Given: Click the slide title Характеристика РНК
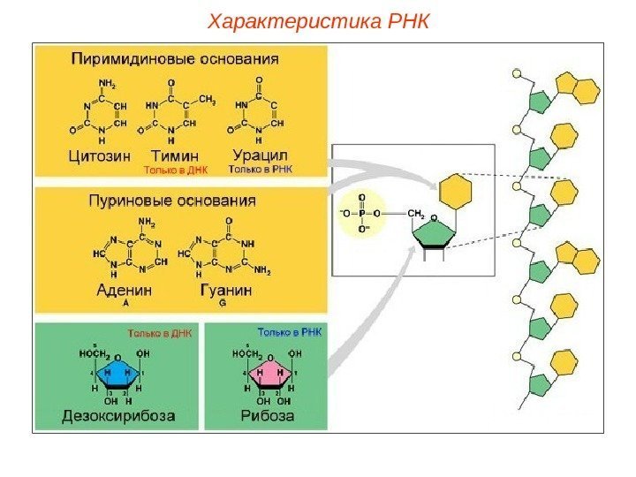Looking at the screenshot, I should (x=318, y=19).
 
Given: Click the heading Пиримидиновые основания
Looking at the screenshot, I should (x=175, y=60).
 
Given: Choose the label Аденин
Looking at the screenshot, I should (x=124, y=289).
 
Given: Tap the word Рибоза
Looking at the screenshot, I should (x=263, y=414).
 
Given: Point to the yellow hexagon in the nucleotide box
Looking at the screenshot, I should (x=456, y=192).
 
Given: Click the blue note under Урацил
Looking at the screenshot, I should (x=261, y=168).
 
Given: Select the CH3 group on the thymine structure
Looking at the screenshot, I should (x=208, y=99).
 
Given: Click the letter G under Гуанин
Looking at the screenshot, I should (x=223, y=302).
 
